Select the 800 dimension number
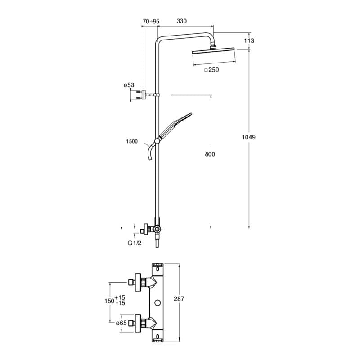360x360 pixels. click(x=210, y=154)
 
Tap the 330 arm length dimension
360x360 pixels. click(x=181, y=21)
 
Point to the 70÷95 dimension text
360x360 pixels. click(x=151, y=21)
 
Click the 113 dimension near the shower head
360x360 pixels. click(x=249, y=41)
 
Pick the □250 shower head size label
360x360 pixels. click(x=211, y=70)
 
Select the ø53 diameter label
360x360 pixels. click(x=129, y=85)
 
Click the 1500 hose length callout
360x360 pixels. click(x=132, y=141)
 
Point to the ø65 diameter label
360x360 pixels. click(x=121, y=323)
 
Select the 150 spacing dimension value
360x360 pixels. click(x=108, y=300)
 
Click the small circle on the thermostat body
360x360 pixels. click(x=158, y=302)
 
